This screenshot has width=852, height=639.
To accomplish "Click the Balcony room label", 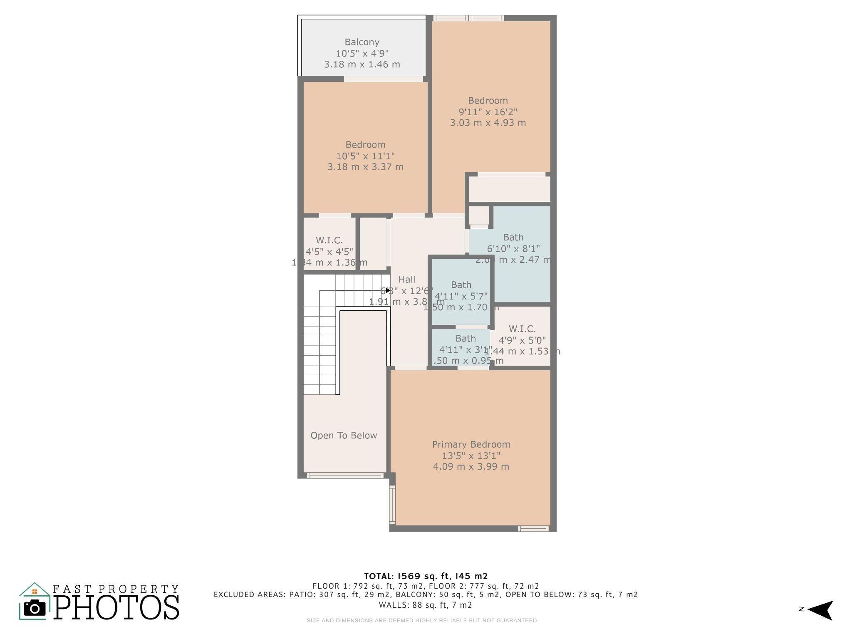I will point(362,42).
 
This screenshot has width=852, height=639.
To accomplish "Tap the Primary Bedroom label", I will point(471,444).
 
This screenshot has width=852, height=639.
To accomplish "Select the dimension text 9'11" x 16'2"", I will point(488,112).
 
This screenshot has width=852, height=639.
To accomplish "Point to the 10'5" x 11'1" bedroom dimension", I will point(365,156).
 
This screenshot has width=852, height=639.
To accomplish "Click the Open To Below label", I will point(344,436).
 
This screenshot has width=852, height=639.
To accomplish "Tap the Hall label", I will point(406,280).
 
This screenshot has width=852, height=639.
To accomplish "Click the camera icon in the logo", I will point(35,608).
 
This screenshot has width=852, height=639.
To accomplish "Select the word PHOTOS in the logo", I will point(116,608).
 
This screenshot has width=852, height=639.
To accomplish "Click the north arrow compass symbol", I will point(820,610).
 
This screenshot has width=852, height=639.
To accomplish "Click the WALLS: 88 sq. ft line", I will point(425,605).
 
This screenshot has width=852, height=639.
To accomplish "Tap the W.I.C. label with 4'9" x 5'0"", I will point(522,329).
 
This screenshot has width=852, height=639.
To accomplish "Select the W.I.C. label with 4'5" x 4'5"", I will point(329,240).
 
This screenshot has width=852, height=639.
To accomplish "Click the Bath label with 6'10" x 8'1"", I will point(513,238).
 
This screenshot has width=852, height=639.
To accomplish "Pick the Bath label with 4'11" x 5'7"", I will point(461,285).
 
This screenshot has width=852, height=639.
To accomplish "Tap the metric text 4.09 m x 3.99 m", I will point(471,467).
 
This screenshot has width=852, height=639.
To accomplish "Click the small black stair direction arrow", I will point(388,290).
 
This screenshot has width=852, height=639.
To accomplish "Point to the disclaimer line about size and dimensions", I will point(421,620).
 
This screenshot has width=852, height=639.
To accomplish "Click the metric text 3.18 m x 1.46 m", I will point(362,64).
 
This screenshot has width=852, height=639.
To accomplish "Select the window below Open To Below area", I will point(344,475).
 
